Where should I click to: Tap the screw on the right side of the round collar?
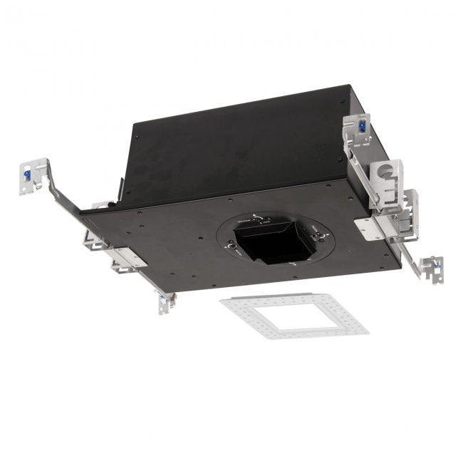pyautogui.click(x=313, y=228)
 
